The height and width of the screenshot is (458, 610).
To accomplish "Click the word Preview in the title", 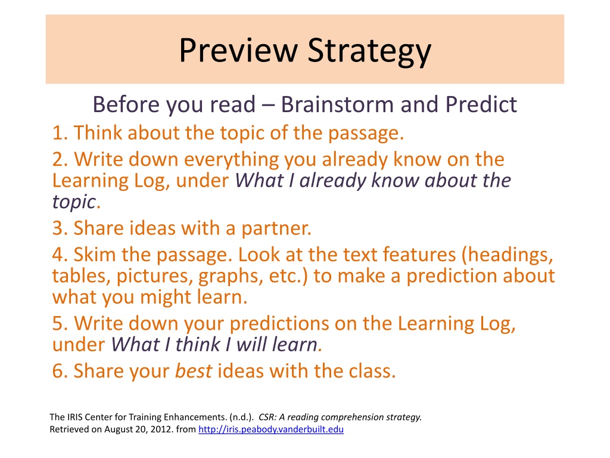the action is [x=238, y=50].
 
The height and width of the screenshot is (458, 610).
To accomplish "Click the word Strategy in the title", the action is [x=369, y=51].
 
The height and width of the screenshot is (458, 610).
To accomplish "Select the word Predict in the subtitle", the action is [x=481, y=104].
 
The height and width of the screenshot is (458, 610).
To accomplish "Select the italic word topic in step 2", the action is [x=74, y=202].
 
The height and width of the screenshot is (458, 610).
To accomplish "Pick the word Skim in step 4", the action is [x=95, y=255].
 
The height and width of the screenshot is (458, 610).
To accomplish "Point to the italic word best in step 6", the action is [x=194, y=371].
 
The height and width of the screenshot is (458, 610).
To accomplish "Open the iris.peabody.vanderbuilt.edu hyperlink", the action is [x=271, y=429].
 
